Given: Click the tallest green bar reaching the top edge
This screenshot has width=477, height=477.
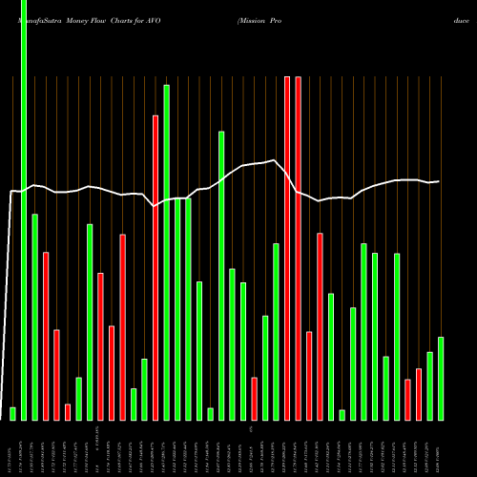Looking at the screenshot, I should (x=24, y=210).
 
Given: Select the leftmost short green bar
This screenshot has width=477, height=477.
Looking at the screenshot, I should (x=12, y=413).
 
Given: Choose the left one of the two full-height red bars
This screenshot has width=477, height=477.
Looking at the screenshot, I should (x=287, y=248).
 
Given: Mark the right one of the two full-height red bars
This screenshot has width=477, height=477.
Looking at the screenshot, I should (x=298, y=248).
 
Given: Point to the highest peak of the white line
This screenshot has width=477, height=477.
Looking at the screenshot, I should (x=274, y=160).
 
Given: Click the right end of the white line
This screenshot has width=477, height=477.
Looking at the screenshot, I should (x=439, y=181).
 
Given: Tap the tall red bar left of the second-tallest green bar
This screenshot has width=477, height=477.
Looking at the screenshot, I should (x=156, y=267).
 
